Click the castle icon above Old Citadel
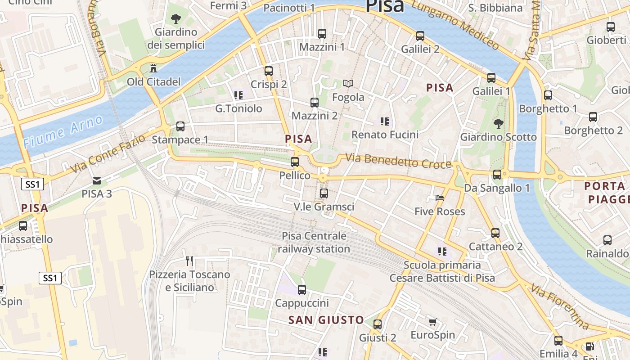click(x=154, y=68)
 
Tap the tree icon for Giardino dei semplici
click(x=175, y=19)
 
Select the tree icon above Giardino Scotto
click(x=498, y=123)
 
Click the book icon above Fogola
click(x=348, y=83)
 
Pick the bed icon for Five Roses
click(x=440, y=198)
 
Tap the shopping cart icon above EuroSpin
click(x=432, y=322)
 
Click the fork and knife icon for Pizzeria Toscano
click(x=189, y=261)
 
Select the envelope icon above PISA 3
click(x=97, y=181)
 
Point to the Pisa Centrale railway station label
click(x=314, y=242)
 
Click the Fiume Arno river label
click(x=63, y=131)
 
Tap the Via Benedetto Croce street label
click(x=398, y=161)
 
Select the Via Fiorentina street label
click(x=560, y=306)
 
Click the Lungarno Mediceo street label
click(x=455, y=25)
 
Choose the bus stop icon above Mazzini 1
click(x=322, y=33)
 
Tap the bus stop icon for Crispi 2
click(x=269, y=71)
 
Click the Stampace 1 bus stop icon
click(x=180, y=126)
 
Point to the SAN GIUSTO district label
click(x=326, y=320)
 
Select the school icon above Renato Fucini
click(x=384, y=121)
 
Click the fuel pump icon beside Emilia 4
click(x=589, y=346)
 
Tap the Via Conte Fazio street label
click(x=108, y=153)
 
